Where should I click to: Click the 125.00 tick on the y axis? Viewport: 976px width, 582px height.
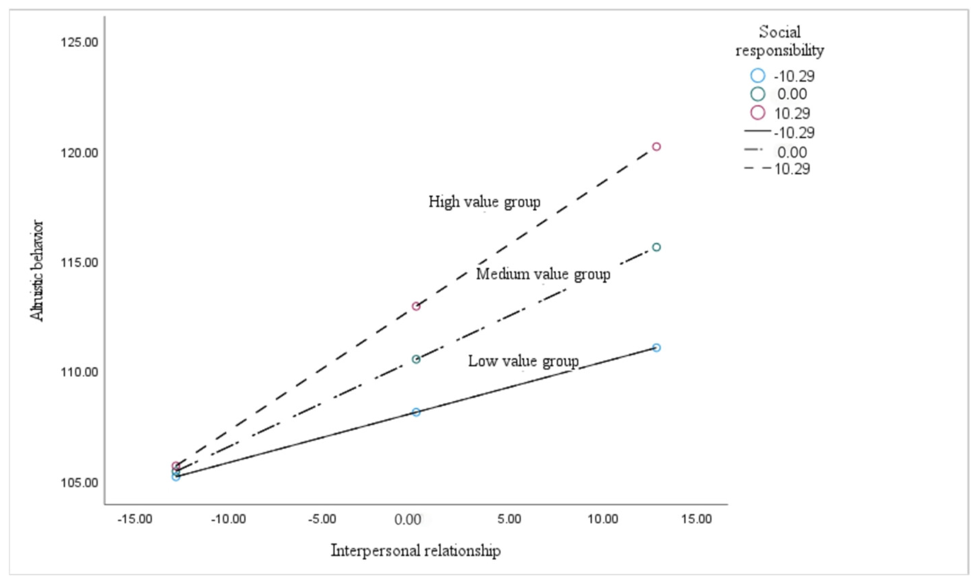point(79,42)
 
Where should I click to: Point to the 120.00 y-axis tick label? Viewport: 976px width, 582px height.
point(79,153)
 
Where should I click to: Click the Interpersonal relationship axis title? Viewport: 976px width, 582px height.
point(416,551)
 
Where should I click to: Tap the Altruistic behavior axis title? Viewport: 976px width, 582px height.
point(37,271)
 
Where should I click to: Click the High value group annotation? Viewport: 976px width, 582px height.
point(484,202)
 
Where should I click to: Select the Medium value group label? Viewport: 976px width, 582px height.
point(543,274)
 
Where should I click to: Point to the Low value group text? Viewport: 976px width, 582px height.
point(523,361)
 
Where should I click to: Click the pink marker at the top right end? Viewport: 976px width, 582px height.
point(656,147)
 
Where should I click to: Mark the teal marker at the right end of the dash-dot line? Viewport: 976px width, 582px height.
point(656,247)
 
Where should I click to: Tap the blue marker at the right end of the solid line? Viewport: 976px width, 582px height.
point(656,348)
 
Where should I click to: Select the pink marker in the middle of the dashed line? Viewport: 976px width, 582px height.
point(416,306)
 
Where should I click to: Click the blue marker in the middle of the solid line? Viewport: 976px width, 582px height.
point(416,412)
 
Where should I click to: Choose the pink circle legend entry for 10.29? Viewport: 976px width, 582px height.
point(758,113)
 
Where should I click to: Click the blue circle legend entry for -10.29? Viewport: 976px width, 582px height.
point(758,76)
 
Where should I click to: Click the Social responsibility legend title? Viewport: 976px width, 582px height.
point(780,41)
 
